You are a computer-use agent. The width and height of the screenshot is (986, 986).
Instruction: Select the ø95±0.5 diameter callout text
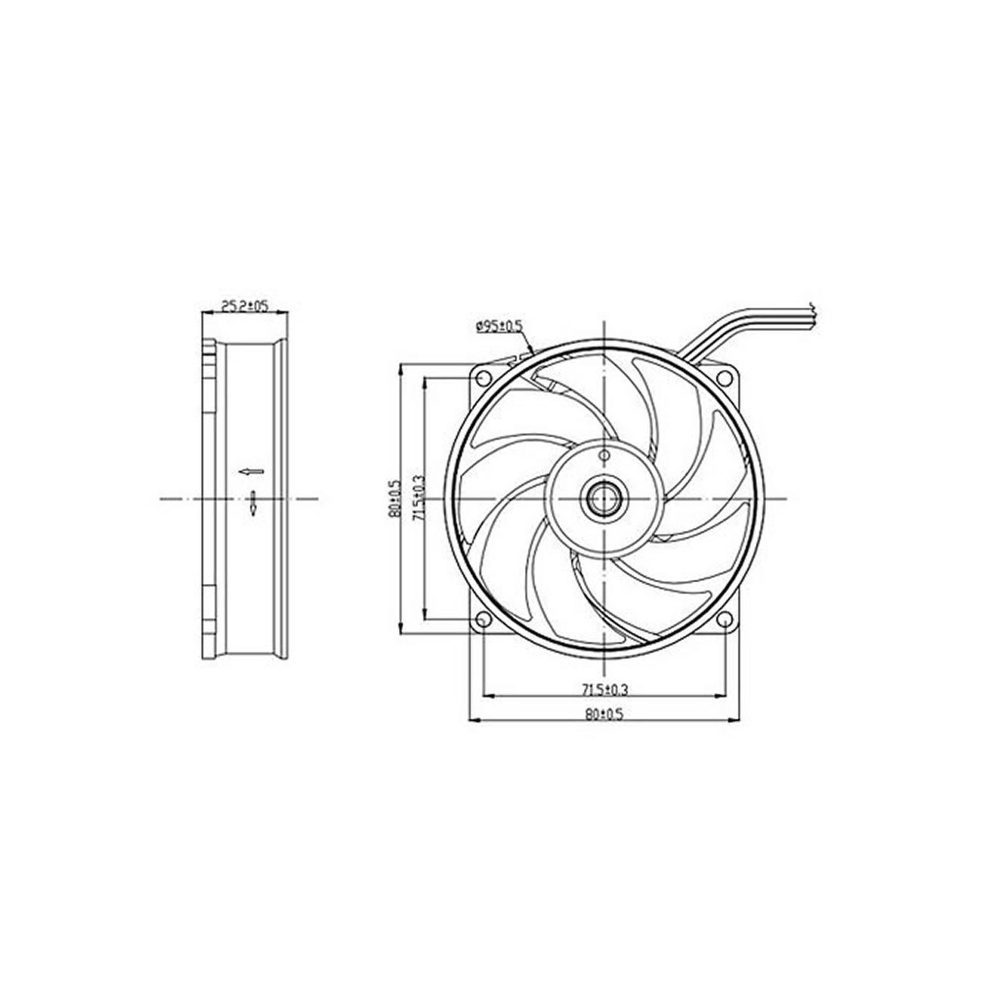499,326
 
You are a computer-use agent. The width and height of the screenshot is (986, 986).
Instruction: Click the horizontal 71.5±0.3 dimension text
605,690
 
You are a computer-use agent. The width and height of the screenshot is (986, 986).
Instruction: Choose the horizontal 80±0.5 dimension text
605,714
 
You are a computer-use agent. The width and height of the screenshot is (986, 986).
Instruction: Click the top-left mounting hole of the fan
483,378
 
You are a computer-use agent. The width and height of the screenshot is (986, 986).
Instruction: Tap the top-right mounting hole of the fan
725,378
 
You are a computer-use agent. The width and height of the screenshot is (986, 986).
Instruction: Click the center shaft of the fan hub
604,498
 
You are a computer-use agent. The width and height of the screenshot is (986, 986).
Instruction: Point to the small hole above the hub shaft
604,455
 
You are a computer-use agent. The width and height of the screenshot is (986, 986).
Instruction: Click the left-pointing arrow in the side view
251,471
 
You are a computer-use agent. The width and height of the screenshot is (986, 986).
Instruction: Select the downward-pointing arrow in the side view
253,503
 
